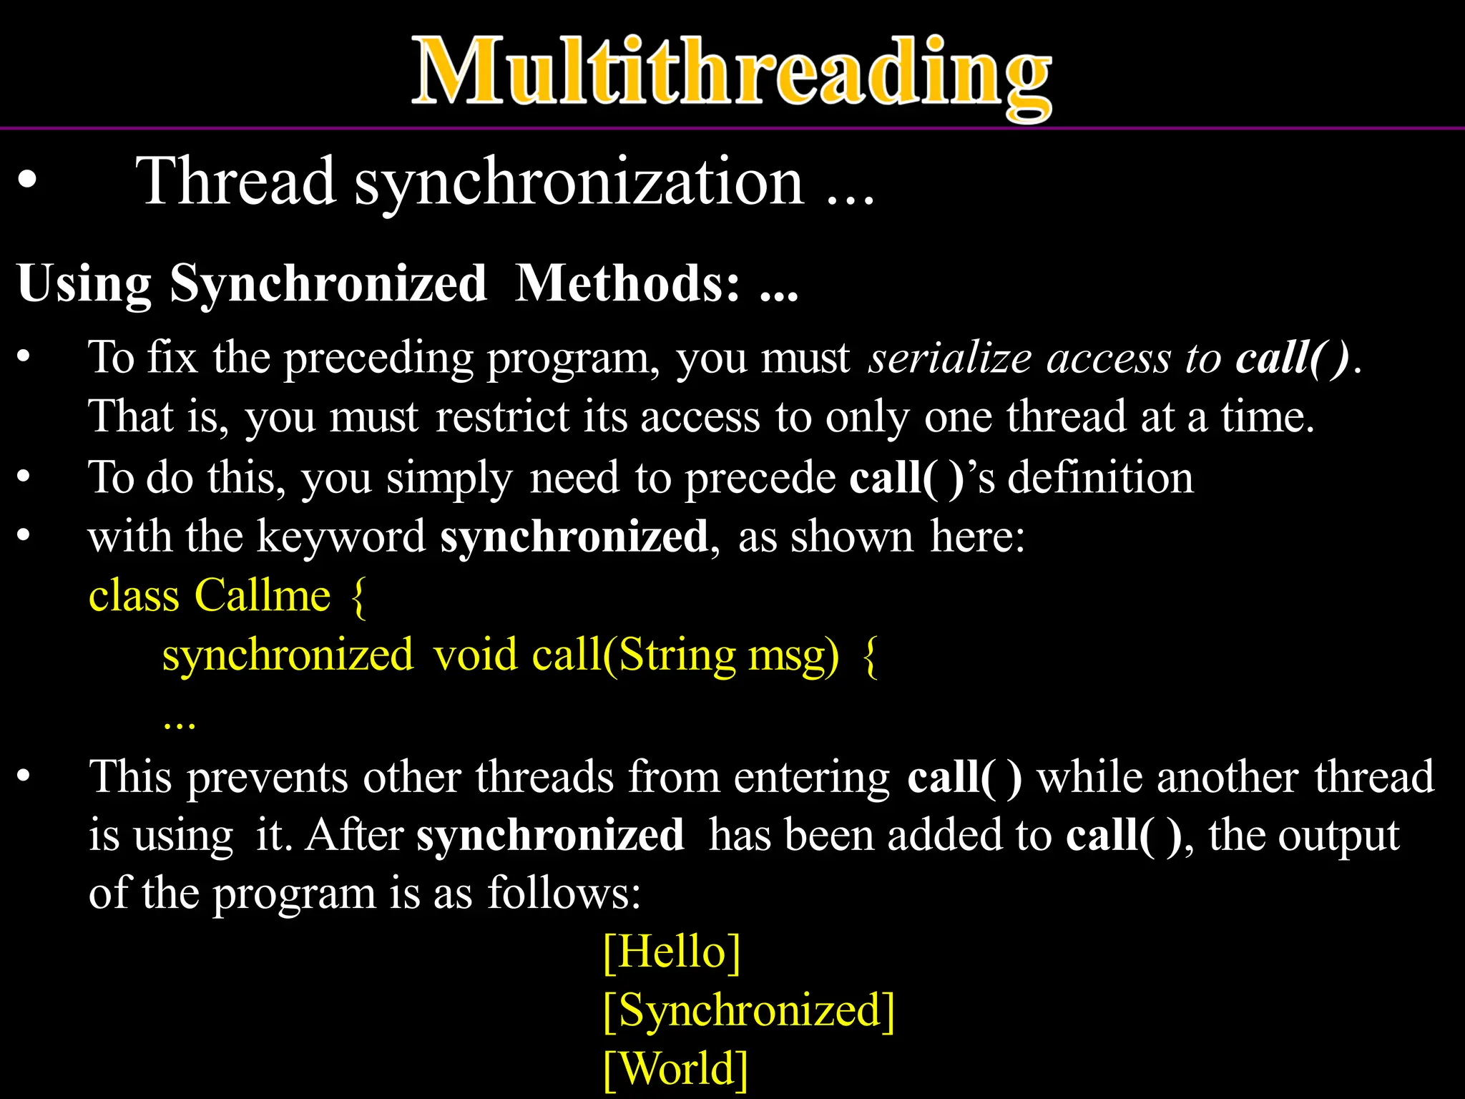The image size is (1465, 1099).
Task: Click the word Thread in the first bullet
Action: (236, 182)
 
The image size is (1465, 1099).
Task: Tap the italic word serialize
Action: (949, 357)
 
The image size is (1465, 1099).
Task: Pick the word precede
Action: (760, 478)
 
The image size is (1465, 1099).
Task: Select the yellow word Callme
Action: (263, 595)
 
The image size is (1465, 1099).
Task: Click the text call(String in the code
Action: (633, 655)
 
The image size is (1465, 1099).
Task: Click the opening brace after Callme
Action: (358, 597)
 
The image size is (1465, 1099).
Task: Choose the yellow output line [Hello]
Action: (671, 952)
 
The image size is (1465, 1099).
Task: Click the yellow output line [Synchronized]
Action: (748, 1010)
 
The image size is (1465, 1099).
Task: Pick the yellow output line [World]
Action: (675, 1069)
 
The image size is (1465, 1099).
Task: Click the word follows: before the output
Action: (564, 893)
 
